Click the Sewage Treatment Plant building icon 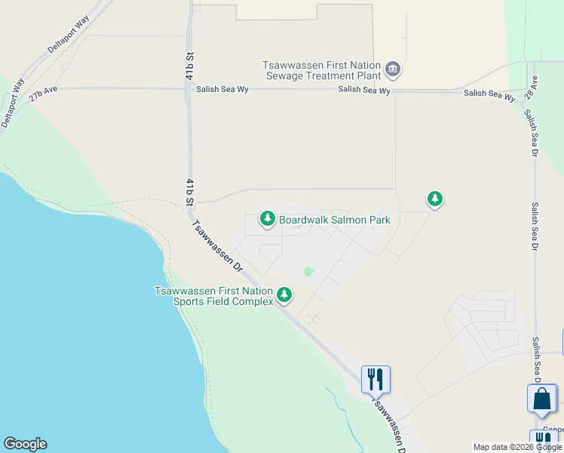coord(393,70)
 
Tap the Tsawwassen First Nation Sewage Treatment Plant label coord(322,71)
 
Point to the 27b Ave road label coord(43,95)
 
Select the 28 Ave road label coord(533,85)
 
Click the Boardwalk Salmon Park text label coord(335,220)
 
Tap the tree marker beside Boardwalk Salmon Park coord(267,218)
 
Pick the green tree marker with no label coord(434,199)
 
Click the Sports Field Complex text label coord(213,296)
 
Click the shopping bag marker coord(542,398)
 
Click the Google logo coord(25,444)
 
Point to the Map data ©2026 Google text coord(517,447)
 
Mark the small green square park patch coord(308,272)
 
